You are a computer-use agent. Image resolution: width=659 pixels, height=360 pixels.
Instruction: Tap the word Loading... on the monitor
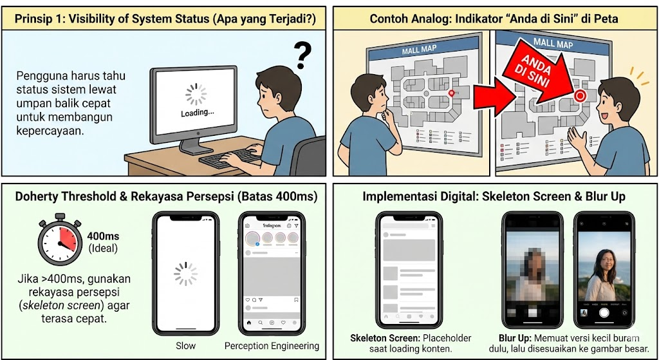(197, 112)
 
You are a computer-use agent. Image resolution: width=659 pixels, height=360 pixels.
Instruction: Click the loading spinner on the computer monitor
(196, 94)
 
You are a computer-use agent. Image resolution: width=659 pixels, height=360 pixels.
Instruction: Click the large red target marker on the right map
(579, 96)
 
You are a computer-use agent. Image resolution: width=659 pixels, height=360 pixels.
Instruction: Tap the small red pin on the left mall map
(451, 93)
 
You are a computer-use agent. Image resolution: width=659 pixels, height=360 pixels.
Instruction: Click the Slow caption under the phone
(186, 346)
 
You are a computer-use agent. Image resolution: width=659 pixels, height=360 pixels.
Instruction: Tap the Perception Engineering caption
(272, 346)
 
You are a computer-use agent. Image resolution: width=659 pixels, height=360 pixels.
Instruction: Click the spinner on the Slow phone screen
(186, 273)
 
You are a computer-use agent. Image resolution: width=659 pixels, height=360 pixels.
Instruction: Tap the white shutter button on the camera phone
(604, 313)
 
